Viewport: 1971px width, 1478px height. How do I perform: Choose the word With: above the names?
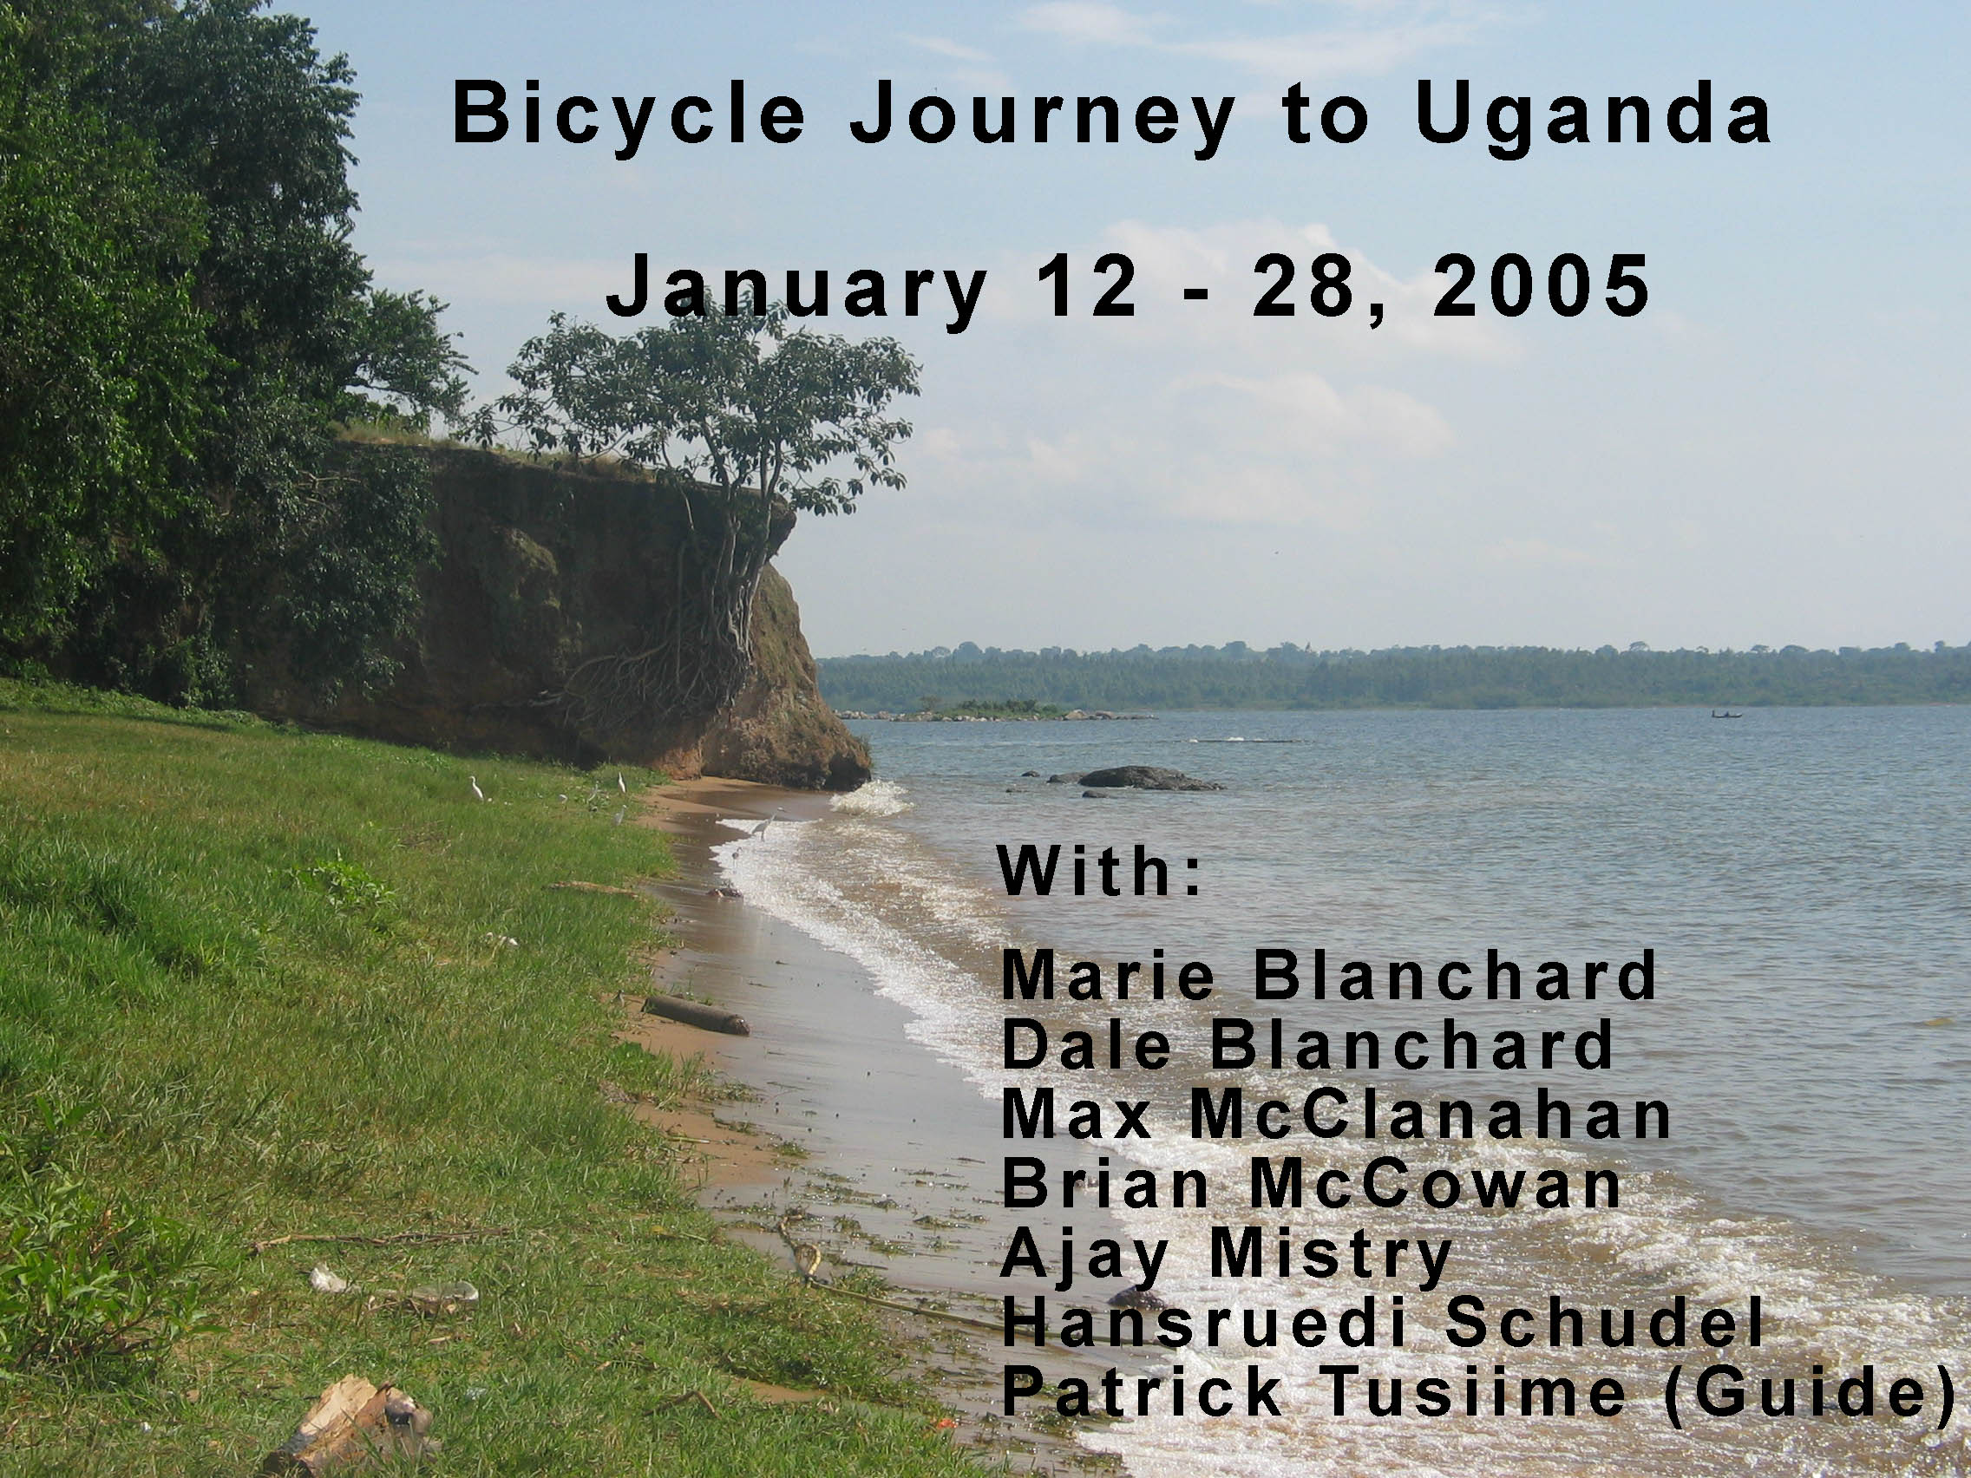click(1099, 871)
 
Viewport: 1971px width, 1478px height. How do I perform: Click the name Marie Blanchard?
click(1327, 976)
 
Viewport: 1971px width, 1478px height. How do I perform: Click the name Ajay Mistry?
click(1227, 1255)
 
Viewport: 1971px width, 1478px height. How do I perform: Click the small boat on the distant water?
click(1726, 713)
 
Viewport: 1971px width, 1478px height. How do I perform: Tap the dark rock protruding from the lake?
click(1144, 778)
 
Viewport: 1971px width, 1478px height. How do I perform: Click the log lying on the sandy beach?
click(695, 1015)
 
